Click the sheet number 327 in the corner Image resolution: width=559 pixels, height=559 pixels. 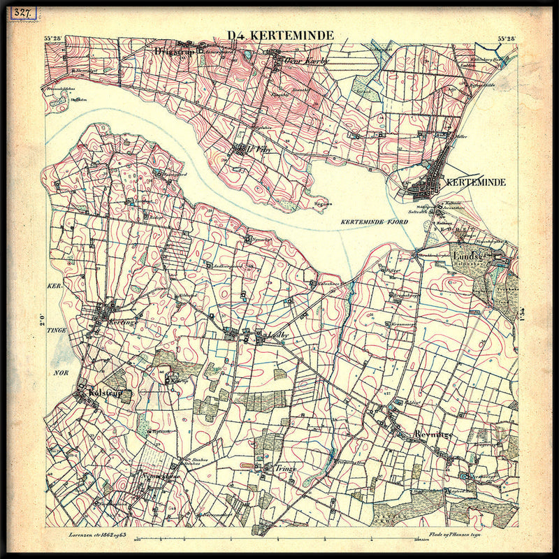pos(20,14)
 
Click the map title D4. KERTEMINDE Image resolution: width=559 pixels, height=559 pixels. pos(280,36)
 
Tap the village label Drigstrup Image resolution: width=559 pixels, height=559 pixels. pos(174,50)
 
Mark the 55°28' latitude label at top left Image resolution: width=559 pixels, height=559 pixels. pos(54,39)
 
